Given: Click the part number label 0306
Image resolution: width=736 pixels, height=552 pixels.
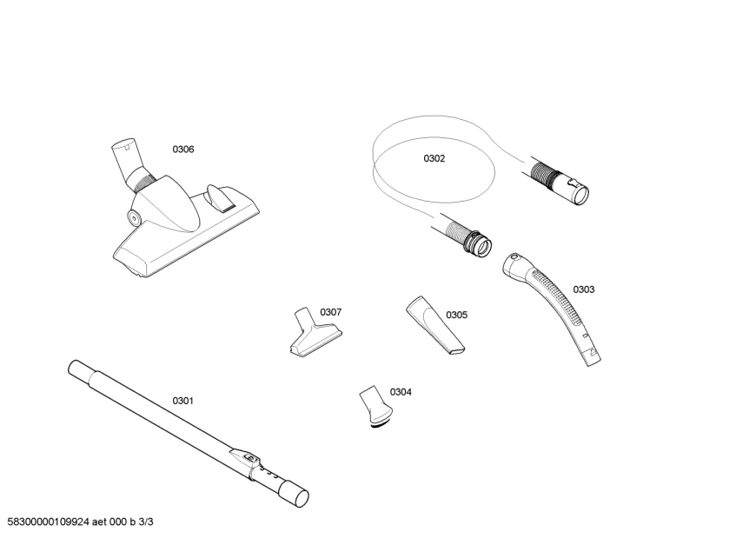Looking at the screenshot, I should [182, 150].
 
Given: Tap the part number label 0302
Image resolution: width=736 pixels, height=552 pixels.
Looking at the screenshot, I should [434, 158].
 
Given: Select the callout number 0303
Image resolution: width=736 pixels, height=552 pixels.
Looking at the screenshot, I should [584, 289].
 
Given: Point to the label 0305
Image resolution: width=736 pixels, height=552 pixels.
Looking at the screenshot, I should [457, 315].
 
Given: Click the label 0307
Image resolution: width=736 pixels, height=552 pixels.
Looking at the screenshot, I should [330, 312].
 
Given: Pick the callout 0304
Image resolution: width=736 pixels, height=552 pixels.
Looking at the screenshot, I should [401, 392].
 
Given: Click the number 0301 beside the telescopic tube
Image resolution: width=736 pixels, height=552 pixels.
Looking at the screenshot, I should [182, 401].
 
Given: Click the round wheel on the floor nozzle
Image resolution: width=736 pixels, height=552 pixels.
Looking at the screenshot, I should [135, 216].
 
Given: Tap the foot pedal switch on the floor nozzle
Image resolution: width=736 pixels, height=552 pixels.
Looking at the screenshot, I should [220, 197].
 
